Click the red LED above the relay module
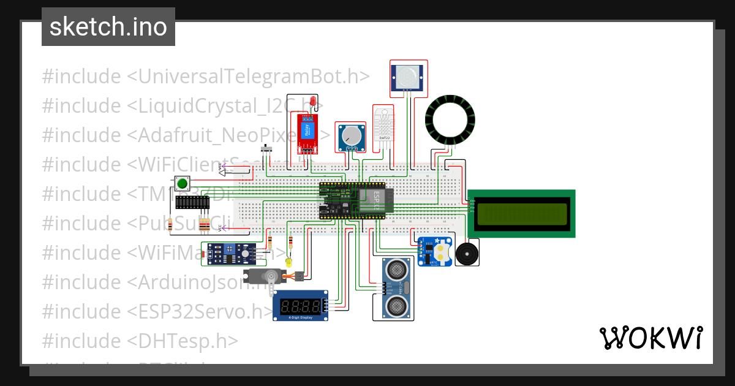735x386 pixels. (x=313, y=101)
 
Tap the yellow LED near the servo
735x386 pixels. (x=289, y=262)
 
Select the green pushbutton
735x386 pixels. (x=182, y=183)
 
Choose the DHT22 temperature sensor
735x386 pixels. (x=384, y=125)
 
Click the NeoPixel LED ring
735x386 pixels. (x=450, y=121)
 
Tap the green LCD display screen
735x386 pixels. (x=522, y=213)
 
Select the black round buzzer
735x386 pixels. (x=467, y=252)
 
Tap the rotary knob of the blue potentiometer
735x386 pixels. (x=352, y=134)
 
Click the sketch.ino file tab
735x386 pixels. (x=108, y=27)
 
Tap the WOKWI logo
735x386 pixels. (x=650, y=338)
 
